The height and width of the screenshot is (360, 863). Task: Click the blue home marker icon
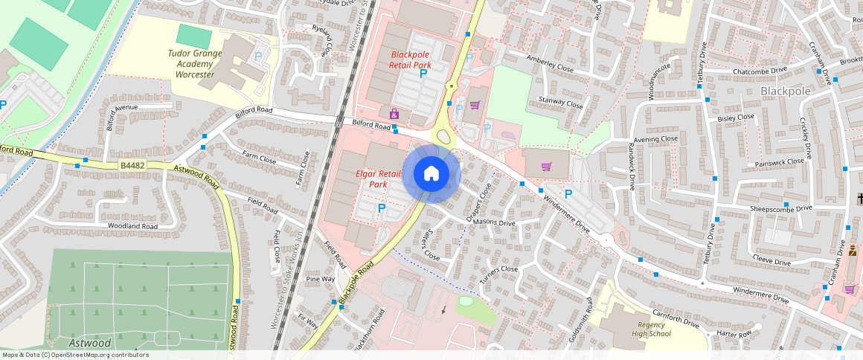point(431,174)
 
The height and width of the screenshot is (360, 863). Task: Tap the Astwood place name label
point(90,343)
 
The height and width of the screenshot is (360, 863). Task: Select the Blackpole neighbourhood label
point(786,91)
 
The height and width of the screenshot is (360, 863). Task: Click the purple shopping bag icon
point(394,114)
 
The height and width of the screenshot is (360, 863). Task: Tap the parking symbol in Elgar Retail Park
point(382,209)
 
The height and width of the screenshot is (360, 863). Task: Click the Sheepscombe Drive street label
point(780,209)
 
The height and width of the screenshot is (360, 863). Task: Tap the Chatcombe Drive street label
point(760,71)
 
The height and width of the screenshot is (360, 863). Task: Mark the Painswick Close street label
point(779,161)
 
